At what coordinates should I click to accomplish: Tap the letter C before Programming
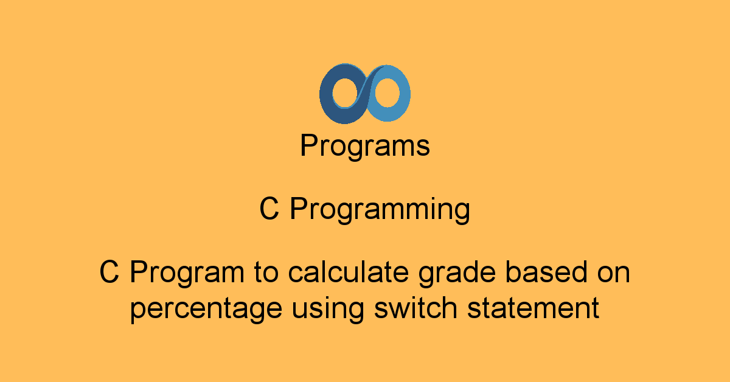[x=269, y=210]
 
